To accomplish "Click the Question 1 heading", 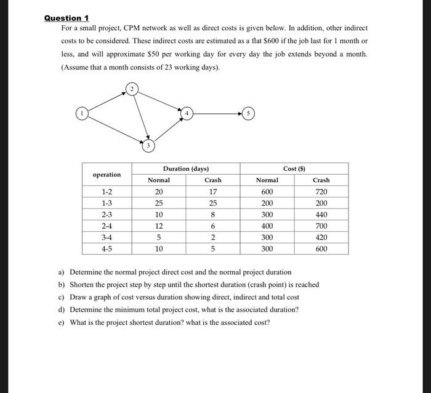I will (66, 18).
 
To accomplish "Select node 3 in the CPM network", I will (148, 146).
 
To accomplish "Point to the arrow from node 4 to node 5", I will (217, 114).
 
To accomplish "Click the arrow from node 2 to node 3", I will (140, 118).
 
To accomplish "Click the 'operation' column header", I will (107, 174).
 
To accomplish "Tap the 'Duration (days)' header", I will (185, 169).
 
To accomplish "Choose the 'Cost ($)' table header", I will (294, 169).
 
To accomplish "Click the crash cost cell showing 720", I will (321, 192).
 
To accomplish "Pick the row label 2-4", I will (107, 226).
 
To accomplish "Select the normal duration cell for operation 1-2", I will (158, 192).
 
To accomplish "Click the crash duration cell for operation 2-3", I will (212, 215).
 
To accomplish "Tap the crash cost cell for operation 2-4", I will (321, 226).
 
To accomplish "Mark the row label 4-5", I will (107, 249).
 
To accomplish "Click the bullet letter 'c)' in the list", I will (62, 297).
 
